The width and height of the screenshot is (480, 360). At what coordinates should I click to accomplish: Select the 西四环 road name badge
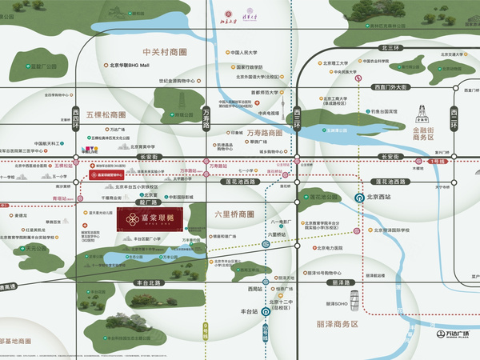tap(77, 118)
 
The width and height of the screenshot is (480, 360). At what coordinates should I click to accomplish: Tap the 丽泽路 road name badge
tap(339, 282)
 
